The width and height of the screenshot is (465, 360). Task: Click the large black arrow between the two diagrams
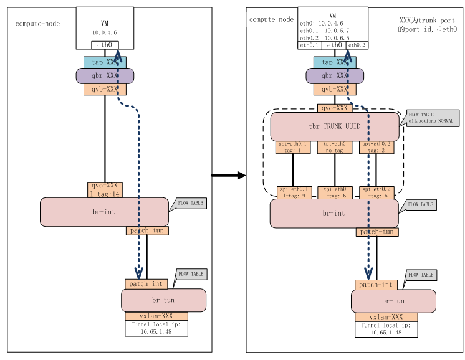(x=228, y=176)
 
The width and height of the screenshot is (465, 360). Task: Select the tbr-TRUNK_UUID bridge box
(x=334, y=126)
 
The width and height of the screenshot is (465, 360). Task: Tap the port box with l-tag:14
(x=105, y=190)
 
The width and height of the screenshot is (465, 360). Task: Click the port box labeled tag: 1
(x=293, y=147)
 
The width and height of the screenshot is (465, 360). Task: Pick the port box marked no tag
(x=335, y=147)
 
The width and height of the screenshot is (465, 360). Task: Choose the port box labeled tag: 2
(x=376, y=147)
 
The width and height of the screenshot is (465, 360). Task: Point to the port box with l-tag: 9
(x=293, y=192)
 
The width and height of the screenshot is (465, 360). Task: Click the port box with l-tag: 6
(x=335, y=192)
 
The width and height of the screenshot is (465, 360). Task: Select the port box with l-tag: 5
(x=376, y=192)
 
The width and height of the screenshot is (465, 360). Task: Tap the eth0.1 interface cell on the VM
(x=310, y=45)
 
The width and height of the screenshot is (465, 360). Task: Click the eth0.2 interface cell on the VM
(x=357, y=45)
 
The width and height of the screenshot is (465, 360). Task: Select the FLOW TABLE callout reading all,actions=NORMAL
(x=432, y=118)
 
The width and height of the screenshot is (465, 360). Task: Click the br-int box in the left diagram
(x=104, y=212)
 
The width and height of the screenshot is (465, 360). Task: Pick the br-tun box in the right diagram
(x=393, y=301)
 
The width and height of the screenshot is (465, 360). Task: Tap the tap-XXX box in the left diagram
(x=105, y=62)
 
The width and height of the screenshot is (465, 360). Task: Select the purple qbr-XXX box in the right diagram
(x=334, y=76)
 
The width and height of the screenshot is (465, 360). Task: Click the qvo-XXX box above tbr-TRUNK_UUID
(x=335, y=108)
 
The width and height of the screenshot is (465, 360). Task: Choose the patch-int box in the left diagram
(x=146, y=284)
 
